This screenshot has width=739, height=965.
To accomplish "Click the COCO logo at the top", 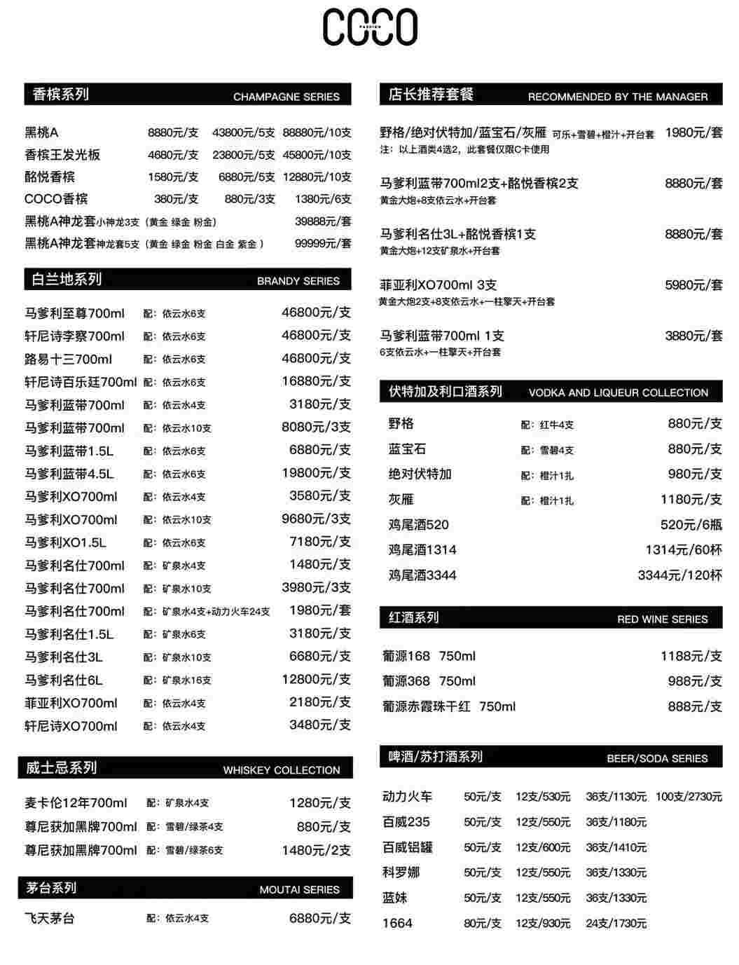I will pyautogui.click(x=370, y=27).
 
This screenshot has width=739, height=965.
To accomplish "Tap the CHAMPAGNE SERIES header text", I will pyautogui.click(x=286, y=97).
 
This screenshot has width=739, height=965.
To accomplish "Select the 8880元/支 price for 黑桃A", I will pyautogui.click(x=173, y=132).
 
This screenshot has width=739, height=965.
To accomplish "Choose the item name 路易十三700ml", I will pyautogui.click(x=69, y=360).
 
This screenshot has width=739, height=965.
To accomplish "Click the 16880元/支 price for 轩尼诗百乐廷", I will pyautogui.click(x=316, y=381).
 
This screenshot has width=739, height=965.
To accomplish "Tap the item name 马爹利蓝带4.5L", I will pyautogui.click(x=69, y=474).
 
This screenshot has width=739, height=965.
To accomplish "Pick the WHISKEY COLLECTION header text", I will pyautogui.click(x=281, y=770).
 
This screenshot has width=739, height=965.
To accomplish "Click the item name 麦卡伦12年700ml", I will pyautogui.click(x=76, y=803).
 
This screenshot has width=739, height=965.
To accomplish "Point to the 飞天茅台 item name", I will pyautogui.click(x=50, y=918).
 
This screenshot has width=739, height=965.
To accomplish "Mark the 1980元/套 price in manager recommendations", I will pyautogui.click(x=693, y=132).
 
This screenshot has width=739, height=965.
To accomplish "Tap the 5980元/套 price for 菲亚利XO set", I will pyautogui.click(x=693, y=285).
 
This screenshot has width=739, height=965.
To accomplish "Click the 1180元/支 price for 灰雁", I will pyautogui.click(x=691, y=500).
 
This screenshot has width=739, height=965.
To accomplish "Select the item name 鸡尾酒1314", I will pyautogui.click(x=422, y=550).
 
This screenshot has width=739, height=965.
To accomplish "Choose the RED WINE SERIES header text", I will pyautogui.click(x=662, y=620).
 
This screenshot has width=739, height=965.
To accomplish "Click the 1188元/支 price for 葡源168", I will pyautogui.click(x=691, y=657).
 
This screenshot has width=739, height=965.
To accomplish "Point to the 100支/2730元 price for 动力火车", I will pyautogui.click(x=689, y=797).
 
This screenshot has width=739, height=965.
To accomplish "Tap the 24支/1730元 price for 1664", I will pyautogui.click(x=616, y=924).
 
